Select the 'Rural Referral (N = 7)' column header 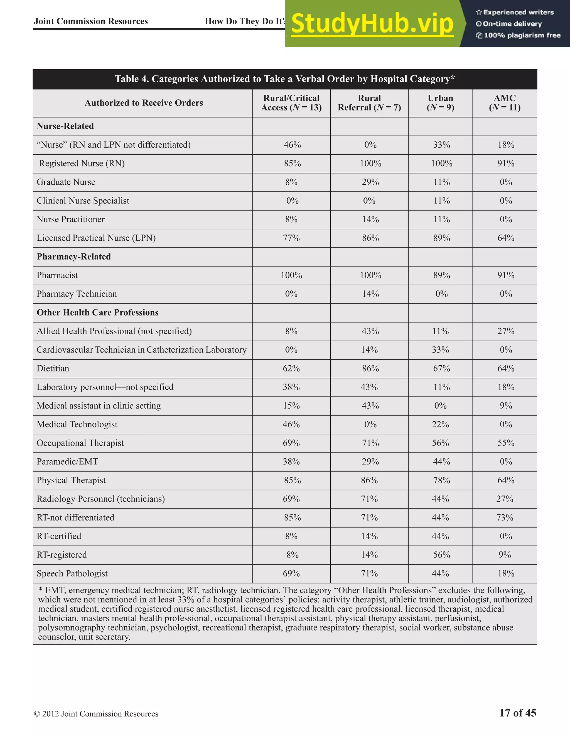pos(369,103)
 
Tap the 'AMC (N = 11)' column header pos(505,103)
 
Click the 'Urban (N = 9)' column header pos(440,103)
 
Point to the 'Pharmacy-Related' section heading pos(73,256)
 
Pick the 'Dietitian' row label pos(53,368)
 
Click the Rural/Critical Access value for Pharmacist pos(291,275)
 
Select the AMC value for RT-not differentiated pos(505,518)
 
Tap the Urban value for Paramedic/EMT pos(441,461)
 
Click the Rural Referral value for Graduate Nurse pos(370,182)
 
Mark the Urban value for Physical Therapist pos(441,480)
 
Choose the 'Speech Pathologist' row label pos(72,573)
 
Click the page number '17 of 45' pos(517,713)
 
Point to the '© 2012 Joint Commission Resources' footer pos(96,714)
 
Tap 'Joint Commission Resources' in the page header pos(90,21)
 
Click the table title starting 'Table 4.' pos(285,79)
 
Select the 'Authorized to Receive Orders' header pos(144,103)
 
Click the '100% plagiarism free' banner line pos(522,35)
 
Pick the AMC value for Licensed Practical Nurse pos(505,238)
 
